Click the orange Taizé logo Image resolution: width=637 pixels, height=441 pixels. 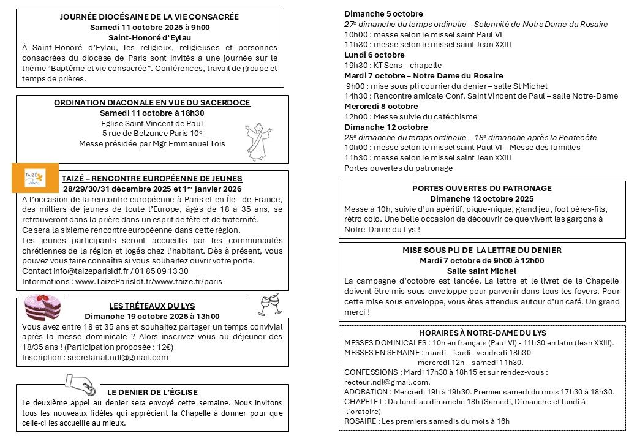pyautogui.click(x=34, y=178)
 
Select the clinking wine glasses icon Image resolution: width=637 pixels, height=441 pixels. pyautogui.click(x=269, y=303)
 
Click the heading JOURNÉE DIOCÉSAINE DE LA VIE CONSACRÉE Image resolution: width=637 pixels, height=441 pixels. pyautogui.click(x=149, y=17)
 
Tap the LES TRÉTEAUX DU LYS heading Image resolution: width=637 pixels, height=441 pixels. pyautogui.click(x=152, y=306)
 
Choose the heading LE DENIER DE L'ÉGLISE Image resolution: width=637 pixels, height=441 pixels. pyautogui.click(x=153, y=392)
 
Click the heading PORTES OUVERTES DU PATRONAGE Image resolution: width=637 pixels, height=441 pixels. pyautogui.click(x=481, y=188)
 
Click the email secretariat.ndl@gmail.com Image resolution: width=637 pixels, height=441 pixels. pyautogui.click(x=118, y=358)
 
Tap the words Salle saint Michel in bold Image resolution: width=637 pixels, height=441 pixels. pyautogui.click(x=481, y=271)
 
